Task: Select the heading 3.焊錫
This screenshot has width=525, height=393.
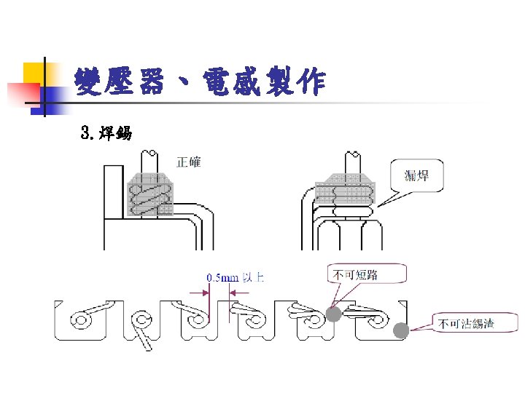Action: (106, 133)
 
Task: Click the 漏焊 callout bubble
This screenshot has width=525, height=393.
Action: (416, 175)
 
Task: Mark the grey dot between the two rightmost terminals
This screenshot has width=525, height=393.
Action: (333, 314)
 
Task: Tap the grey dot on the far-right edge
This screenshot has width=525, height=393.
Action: (400, 331)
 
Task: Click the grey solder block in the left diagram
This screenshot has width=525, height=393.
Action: (152, 195)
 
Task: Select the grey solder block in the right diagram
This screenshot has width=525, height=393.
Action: (343, 192)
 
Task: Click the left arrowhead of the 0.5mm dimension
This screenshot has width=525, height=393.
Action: (205, 293)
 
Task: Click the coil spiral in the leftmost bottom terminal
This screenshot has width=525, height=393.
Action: (79, 320)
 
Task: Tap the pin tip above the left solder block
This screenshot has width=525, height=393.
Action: (152, 155)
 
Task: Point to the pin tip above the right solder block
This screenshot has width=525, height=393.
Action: (352, 155)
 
